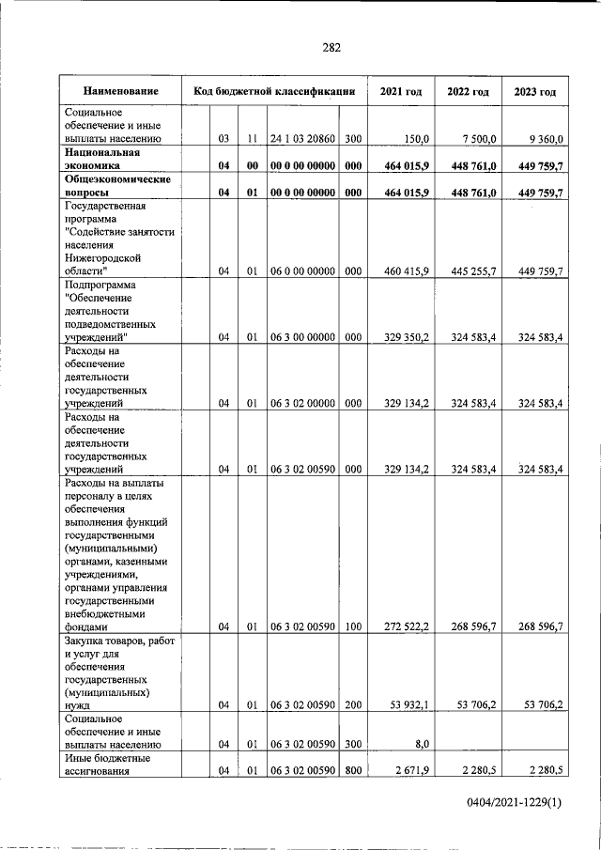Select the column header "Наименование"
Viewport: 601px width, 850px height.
click(119, 92)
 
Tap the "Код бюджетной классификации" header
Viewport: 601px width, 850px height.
click(273, 92)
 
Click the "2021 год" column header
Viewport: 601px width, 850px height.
click(400, 92)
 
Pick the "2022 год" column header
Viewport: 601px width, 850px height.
click(467, 92)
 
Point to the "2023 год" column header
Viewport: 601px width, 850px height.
click(534, 92)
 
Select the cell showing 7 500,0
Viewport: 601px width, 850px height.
click(475, 139)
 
